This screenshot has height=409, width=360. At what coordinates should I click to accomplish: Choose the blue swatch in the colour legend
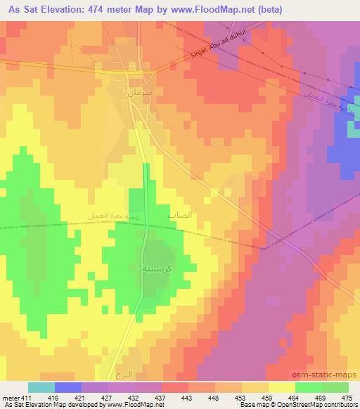(x=68, y=387)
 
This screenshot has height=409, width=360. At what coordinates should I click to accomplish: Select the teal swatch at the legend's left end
(x=41, y=387)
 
